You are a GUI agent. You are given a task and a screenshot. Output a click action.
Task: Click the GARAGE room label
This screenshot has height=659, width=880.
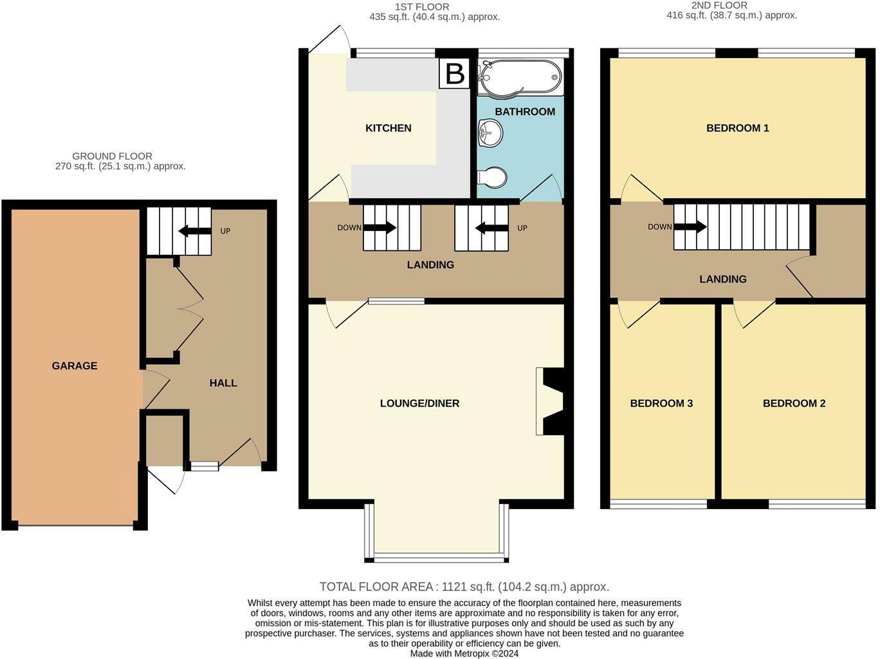point(75,366)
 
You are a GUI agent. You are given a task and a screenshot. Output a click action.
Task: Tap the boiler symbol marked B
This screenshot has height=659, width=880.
point(455,73)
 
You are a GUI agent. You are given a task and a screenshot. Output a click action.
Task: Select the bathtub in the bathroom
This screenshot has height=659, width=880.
point(521,77)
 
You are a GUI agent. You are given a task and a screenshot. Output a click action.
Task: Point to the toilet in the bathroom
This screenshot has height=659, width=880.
point(492,177)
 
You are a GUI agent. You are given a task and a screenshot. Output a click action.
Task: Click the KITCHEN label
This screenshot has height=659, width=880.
point(388,128)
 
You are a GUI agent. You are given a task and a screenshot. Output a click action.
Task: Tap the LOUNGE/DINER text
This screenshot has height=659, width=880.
point(419,403)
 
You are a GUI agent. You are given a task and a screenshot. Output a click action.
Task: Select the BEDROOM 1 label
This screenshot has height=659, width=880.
point(737,128)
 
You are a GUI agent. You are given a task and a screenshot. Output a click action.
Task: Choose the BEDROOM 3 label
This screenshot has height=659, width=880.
point(661,403)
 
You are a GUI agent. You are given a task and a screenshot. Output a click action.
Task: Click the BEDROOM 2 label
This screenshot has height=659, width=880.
point(794,403)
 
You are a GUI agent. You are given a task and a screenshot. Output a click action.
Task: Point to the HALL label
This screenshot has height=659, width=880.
point(223,383)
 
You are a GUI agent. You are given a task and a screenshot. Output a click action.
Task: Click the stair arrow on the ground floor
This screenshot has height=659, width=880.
point(195,230)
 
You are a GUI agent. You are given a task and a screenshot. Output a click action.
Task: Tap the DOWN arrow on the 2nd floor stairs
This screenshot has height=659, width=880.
point(690,227)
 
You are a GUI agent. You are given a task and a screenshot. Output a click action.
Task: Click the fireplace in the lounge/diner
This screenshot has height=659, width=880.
point(549,401)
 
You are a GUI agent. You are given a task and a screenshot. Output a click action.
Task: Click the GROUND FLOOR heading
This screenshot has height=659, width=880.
point(113,156)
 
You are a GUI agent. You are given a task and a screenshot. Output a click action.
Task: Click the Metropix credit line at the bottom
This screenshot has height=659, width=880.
point(464,653)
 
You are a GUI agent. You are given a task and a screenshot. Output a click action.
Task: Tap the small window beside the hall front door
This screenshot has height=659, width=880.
point(205,466)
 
